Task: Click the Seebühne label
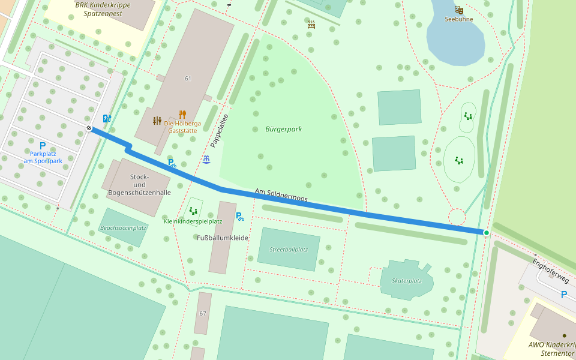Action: [459, 19]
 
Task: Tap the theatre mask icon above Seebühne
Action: [459, 10]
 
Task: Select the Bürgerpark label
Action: [283, 129]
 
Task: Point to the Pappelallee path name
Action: [220, 131]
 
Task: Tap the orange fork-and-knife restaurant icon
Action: [182, 114]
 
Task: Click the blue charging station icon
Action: [107, 119]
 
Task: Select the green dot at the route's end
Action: [487, 232]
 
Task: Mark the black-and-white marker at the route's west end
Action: [89, 128]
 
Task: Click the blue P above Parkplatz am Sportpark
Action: [43, 146]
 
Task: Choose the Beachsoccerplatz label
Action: [124, 228]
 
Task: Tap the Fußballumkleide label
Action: [223, 238]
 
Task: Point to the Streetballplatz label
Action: [289, 250]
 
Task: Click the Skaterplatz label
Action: [407, 281]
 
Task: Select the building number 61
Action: [188, 79]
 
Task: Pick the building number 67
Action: [203, 314]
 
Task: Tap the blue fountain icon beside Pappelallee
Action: [206, 160]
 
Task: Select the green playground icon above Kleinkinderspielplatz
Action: [193, 211]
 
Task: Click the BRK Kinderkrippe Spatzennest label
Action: [103, 8]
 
